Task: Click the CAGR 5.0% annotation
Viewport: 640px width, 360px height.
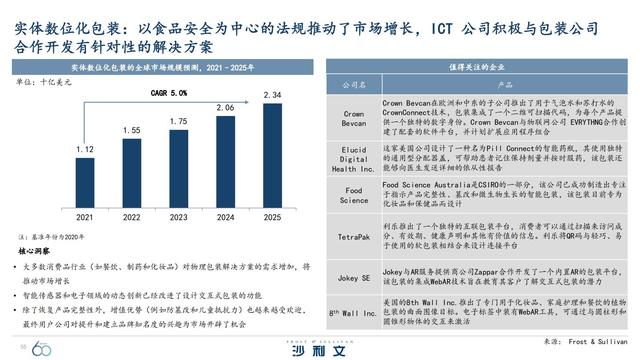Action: (170, 92)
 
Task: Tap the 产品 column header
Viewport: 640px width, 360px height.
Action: (505, 85)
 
